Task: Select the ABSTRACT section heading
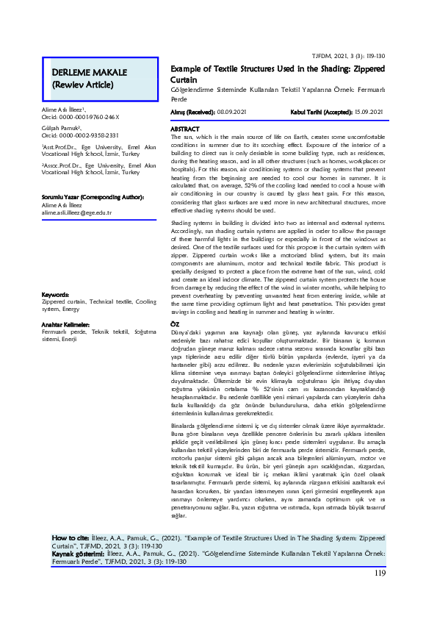(x=184, y=129)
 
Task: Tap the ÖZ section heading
(x=176, y=324)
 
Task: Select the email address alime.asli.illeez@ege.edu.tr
(x=76, y=212)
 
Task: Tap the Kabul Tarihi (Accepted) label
(x=315, y=112)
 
